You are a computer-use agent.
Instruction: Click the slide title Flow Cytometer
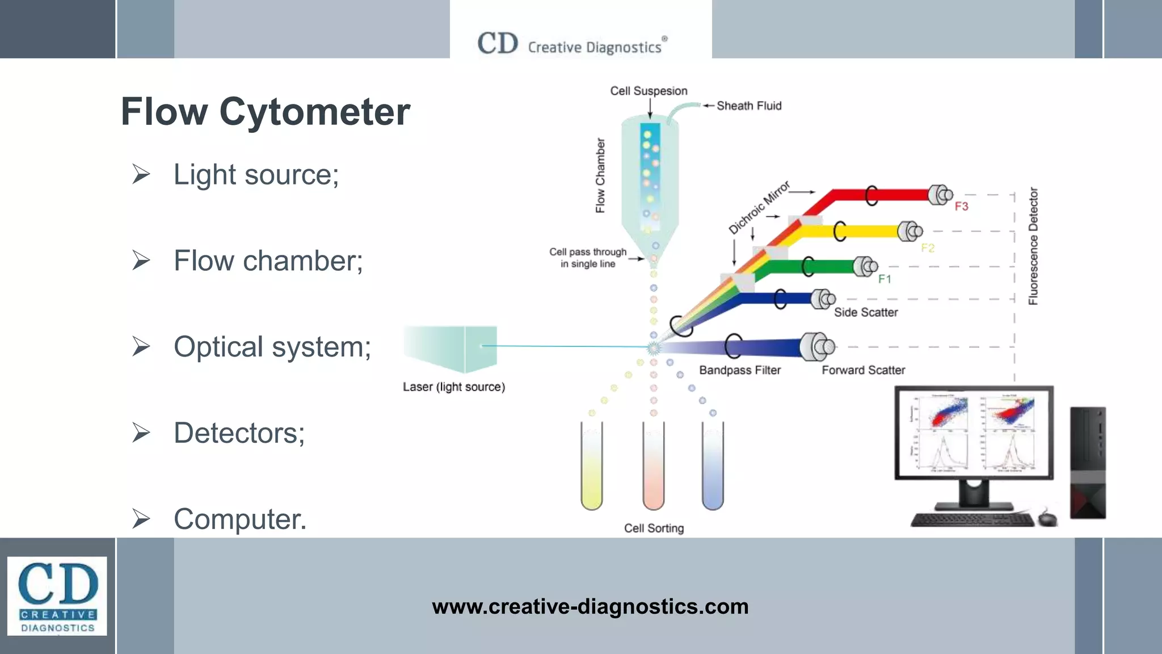(x=265, y=112)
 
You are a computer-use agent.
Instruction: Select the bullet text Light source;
(x=256, y=174)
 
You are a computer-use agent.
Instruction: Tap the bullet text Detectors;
(x=239, y=433)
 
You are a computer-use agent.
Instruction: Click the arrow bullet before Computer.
(x=141, y=519)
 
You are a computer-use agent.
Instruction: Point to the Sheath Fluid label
(x=748, y=106)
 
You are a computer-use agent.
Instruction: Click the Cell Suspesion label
(x=649, y=91)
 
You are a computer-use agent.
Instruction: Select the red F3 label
(x=961, y=206)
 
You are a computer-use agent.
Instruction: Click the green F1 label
(x=885, y=279)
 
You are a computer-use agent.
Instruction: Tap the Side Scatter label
(x=866, y=312)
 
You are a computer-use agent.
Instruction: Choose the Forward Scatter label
(x=863, y=370)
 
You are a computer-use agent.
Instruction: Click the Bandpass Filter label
(x=740, y=370)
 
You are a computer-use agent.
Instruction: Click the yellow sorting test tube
(x=591, y=466)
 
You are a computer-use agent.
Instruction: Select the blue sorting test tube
(x=713, y=466)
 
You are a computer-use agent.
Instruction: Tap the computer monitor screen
(x=974, y=433)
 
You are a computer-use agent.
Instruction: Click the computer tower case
(x=1088, y=462)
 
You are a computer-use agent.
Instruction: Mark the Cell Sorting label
(x=654, y=528)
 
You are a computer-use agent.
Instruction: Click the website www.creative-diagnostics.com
(x=590, y=606)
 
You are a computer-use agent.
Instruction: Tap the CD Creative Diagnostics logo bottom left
(x=57, y=596)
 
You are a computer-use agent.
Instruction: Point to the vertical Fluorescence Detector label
(x=1033, y=246)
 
